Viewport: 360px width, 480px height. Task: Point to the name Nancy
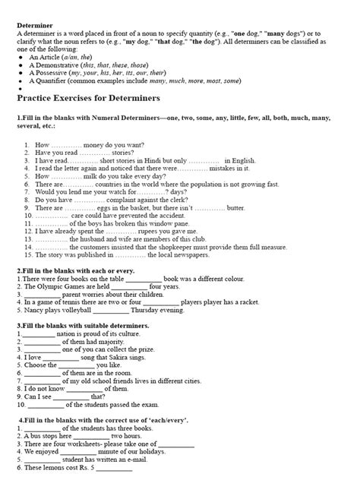click(x=33, y=311)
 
